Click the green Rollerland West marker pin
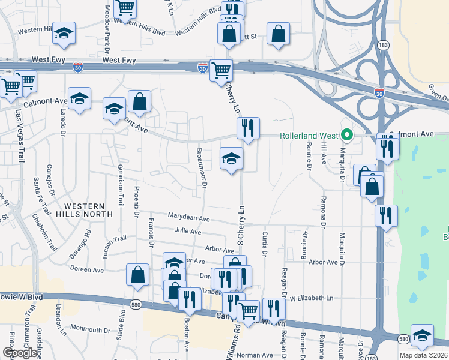(346, 135)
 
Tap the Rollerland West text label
(310, 135)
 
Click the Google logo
(20, 352)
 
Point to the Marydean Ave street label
(188, 219)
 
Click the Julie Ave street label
(187, 231)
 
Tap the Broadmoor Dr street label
(202, 168)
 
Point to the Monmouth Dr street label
(91, 329)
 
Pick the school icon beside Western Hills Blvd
(64, 34)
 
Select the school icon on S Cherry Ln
(231, 159)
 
